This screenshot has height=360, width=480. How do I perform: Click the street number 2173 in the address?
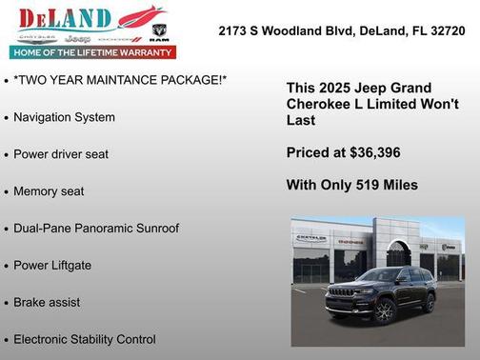click(233, 30)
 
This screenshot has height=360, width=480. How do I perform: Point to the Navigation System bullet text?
click(65, 117)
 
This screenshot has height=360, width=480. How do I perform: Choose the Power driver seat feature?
click(61, 154)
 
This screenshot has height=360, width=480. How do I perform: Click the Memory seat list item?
click(49, 191)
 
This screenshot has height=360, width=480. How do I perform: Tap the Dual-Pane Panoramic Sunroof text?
click(96, 229)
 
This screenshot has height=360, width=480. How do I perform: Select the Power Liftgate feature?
click(52, 266)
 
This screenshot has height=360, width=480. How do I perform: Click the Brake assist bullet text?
click(47, 303)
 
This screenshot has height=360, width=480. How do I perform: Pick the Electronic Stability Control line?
click(85, 339)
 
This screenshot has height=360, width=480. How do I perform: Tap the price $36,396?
click(372, 152)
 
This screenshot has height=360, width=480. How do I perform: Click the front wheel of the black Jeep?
click(384, 311)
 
